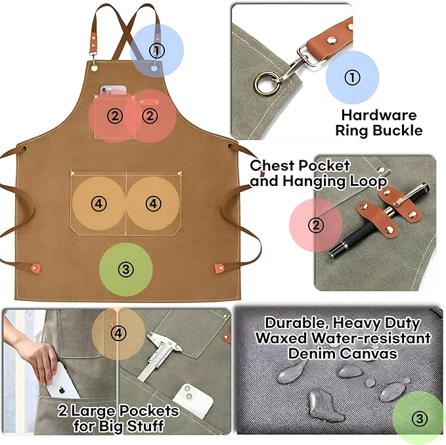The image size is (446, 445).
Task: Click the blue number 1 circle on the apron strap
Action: (156, 50)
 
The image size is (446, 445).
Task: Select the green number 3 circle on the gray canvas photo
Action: (418, 417)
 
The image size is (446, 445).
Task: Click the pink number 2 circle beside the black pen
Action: (317, 226)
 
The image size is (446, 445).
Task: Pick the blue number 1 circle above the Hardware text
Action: (353, 78)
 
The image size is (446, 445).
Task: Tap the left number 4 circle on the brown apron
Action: (99, 204)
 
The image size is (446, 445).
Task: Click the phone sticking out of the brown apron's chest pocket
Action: (112, 89)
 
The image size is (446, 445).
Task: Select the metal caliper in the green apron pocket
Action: (159, 355)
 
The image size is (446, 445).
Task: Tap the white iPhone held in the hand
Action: (62, 381)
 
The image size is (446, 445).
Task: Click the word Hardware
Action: (378, 115)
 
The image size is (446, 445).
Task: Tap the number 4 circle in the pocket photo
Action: (118, 334)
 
